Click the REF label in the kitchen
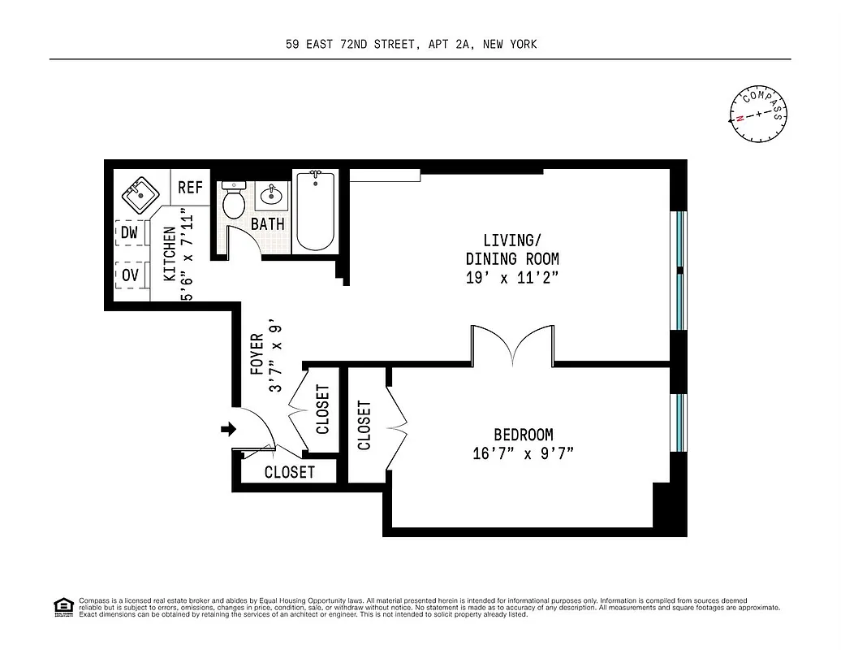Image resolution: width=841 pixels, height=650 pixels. [x=190, y=188]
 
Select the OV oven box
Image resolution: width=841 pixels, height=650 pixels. [x=130, y=275]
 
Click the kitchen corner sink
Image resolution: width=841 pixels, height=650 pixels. [x=138, y=195]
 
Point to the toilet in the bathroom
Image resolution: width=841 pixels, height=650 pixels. [x=234, y=201]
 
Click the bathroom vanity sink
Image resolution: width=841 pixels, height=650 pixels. [x=270, y=196]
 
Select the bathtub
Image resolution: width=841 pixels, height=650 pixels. [x=315, y=211]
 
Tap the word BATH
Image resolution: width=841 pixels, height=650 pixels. [x=267, y=223]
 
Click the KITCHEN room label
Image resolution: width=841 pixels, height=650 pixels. [x=170, y=254]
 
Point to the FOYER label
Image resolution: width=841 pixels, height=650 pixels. [x=257, y=353]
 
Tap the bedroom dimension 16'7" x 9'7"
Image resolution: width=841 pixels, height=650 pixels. [x=523, y=453]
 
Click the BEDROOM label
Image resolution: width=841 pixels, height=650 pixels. [x=523, y=435]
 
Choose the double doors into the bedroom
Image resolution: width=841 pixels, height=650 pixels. [x=512, y=344]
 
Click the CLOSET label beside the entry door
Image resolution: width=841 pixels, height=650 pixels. [x=289, y=472]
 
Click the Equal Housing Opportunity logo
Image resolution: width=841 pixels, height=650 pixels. [x=62, y=606]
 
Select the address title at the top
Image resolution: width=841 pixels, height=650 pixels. [x=411, y=45]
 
